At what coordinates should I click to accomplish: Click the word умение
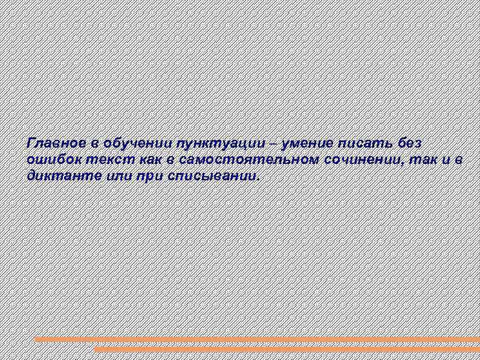pos(308,143)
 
